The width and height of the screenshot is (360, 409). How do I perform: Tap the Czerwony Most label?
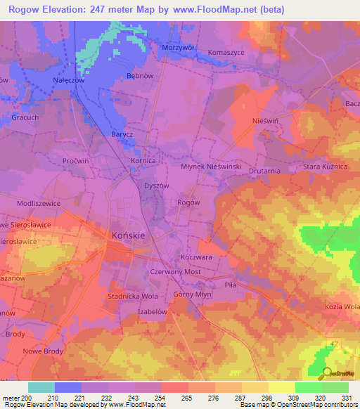coord(176,271)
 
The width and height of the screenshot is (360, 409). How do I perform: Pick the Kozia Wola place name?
coord(342,307)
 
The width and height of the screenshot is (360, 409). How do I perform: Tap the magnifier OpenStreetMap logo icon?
coord(326,374)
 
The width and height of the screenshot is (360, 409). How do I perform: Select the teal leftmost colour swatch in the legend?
coord(41,387)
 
